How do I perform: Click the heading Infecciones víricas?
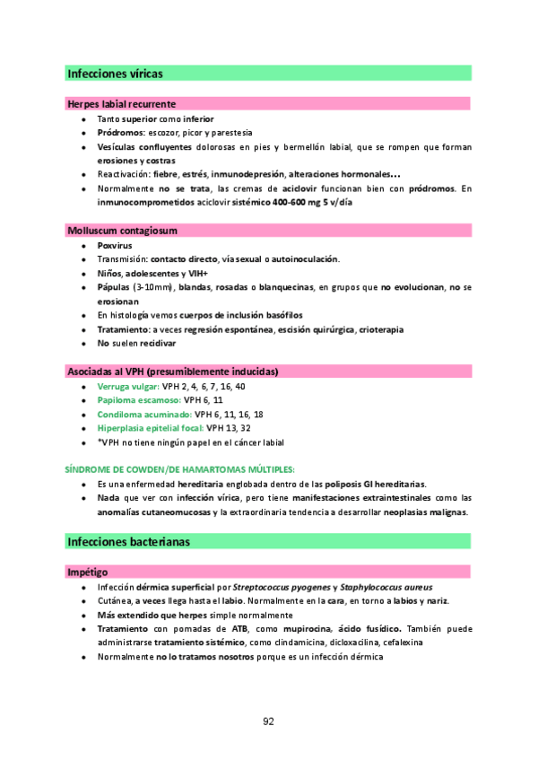(x=115, y=74)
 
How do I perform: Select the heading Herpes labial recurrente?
(x=121, y=104)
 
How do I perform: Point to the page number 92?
(x=269, y=722)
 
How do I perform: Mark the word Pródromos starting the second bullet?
(x=121, y=132)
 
